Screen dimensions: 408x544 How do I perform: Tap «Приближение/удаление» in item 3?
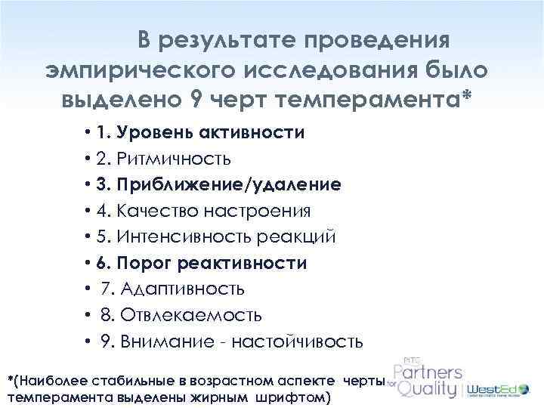coord(229,185)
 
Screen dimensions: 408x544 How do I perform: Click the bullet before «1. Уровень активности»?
coord(89,134)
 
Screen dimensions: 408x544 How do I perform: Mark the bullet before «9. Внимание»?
coord(89,341)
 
